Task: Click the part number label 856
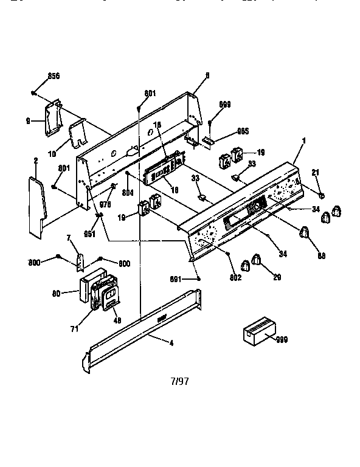click(x=54, y=77)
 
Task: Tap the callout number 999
click(x=282, y=340)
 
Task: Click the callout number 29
click(x=277, y=277)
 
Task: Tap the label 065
click(x=226, y=131)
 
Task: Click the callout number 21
click(x=315, y=173)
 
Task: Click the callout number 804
click(x=128, y=194)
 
